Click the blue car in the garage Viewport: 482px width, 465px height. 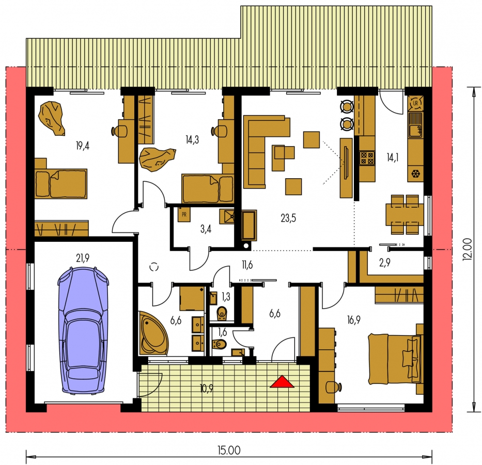(x=83, y=330)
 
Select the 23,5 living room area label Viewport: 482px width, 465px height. (x=288, y=218)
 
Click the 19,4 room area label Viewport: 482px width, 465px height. (x=82, y=146)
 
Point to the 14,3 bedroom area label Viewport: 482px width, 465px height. (x=192, y=140)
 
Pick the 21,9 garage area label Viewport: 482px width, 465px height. (x=82, y=258)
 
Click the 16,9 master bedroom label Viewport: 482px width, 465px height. (x=353, y=320)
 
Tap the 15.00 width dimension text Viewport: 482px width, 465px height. (x=229, y=451)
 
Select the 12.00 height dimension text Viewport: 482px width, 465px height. (x=467, y=250)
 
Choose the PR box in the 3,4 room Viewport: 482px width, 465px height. (x=184, y=214)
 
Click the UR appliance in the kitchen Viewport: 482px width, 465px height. (x=415, y=103)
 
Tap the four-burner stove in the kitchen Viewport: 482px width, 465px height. (x=367, y=158)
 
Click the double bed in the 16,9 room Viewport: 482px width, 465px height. (x=396, y=359)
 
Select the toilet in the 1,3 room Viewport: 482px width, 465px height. (x=222, y=313)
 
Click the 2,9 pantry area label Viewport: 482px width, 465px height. (x=384, y=263)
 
